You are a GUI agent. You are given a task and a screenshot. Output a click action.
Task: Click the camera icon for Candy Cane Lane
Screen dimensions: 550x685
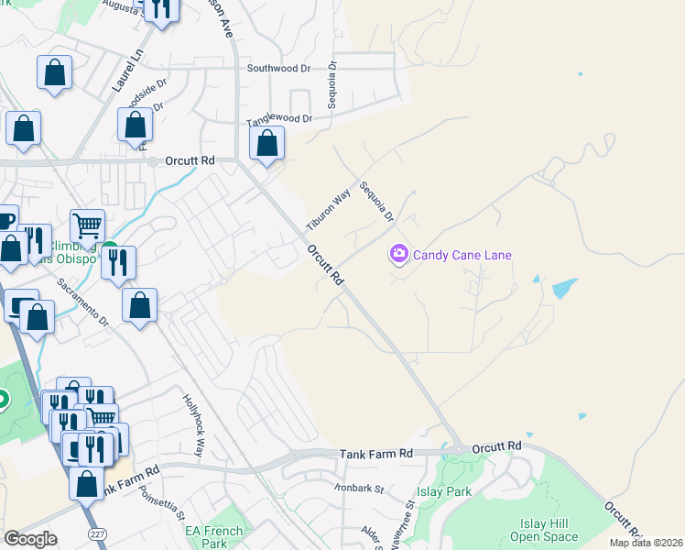click(x=398, y=254)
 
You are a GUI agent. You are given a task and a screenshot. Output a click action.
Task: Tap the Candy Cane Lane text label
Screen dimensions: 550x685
click(x=462, y=255)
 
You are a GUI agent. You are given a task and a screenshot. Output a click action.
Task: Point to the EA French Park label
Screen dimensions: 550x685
click(x=214, y=537)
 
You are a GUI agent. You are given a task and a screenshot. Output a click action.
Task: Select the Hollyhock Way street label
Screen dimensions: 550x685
click(x=191, y=424)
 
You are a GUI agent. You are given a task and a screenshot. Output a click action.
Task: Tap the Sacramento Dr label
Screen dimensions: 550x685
click(x=83, y=302)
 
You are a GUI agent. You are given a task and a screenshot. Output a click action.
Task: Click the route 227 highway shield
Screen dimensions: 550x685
click(x=97, y=533)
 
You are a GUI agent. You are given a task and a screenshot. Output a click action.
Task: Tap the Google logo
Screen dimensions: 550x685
click(x=31, y=539)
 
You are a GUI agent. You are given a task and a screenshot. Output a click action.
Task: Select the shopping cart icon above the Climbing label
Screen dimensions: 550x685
click(x=87, y=224)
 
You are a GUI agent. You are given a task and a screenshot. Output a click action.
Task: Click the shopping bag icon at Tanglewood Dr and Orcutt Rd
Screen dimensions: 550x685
click(x=266, y=143)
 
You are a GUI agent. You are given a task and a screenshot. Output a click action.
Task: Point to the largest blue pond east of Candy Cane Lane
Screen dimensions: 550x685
click(x=564, y=288)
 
